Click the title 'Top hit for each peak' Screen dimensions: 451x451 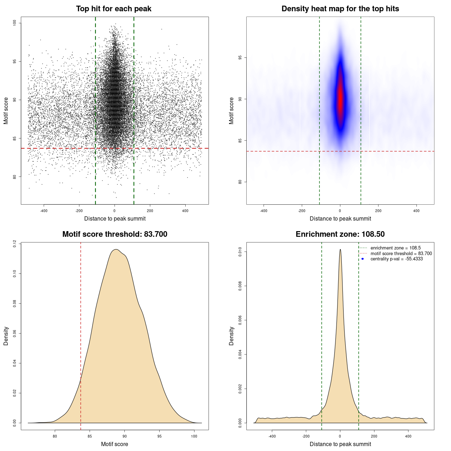point(113,9)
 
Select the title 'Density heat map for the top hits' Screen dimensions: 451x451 point(340,9)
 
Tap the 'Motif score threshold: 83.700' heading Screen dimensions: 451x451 point(115,234)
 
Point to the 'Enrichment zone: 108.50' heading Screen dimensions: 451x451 point(340,234)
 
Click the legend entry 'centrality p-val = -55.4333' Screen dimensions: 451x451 point(396,259)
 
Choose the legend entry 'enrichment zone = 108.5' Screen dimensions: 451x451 point(395,248)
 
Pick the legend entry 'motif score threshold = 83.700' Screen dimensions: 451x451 point(401,254)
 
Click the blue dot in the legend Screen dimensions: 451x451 point(363,259)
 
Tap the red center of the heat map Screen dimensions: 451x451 point(340,100)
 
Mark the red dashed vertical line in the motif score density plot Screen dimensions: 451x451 point(81,335)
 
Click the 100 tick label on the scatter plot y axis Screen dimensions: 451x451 point(15,23)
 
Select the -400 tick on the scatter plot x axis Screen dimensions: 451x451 point(44,211)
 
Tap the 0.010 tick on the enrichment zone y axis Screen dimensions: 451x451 point(240,252)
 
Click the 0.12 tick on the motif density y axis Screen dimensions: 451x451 point(15,244)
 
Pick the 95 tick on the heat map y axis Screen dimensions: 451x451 point(240,57)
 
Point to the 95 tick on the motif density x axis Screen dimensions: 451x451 point(160,436)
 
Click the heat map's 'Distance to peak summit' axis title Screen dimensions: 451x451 point(340,219)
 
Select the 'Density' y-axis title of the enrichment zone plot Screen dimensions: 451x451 point(231,336)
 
